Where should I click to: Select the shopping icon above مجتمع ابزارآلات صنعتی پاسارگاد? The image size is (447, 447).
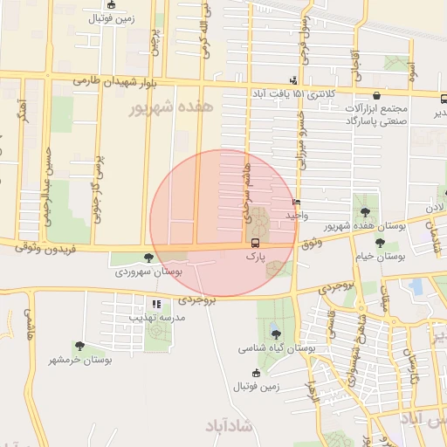[375, 96]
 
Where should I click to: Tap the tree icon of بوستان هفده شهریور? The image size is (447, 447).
[365, 212]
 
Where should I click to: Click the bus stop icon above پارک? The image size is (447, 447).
[255, 243]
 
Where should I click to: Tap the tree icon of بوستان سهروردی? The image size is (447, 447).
[148, 258]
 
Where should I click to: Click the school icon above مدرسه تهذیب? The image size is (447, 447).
[156, 304]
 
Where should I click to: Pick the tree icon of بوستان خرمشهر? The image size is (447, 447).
[80, 347]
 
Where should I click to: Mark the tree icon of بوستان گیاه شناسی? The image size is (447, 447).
[276, 334]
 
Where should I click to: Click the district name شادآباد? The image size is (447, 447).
[229, 425]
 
